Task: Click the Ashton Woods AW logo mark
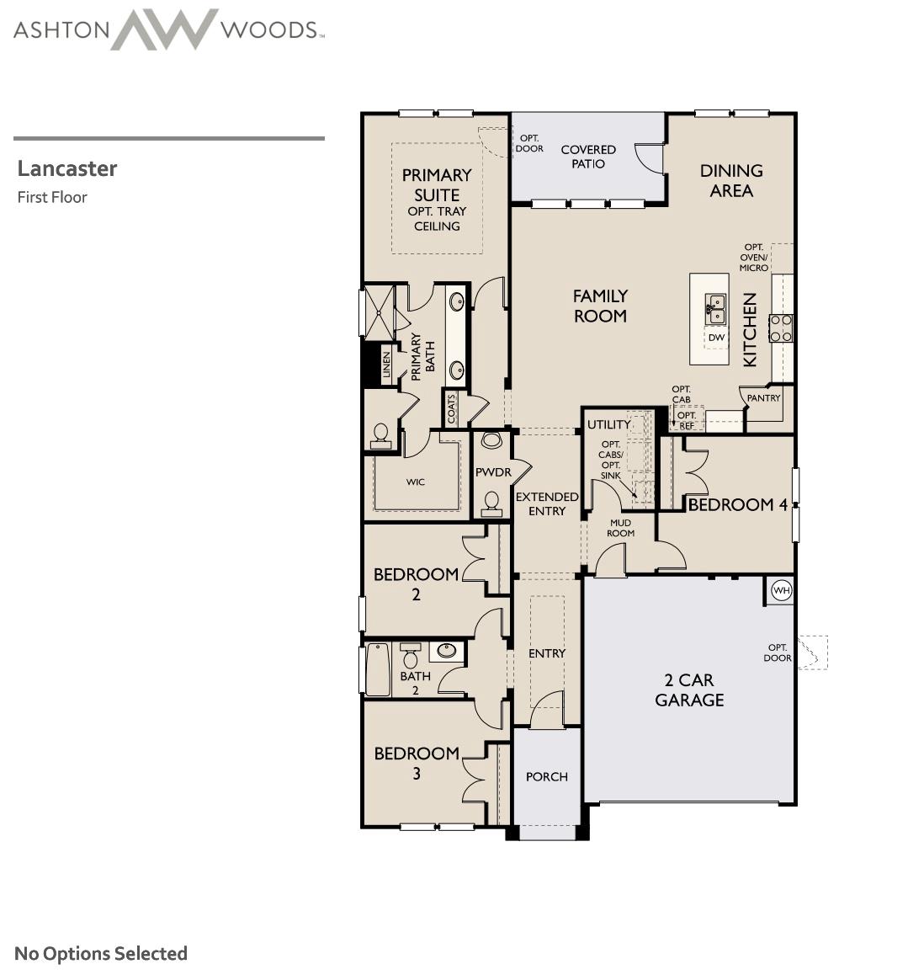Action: coord(164,29)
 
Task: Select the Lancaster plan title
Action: coord(67,168)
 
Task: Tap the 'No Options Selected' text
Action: coord(101,953)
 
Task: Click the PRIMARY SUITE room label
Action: coord(436,184)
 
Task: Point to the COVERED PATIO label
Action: coord(588,156)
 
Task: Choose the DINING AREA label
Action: coord(731,180)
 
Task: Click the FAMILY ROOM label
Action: coord(599,306)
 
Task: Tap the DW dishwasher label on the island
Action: coord(716,338)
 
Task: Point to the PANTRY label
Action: coord(763,398)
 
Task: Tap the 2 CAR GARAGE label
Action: coord(689,690)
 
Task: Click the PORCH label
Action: coord(547,776)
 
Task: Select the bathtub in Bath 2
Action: coord(378,669)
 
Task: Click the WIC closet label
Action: coord(416,482)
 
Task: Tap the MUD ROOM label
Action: coord(620,528)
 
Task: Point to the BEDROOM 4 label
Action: coord(737,504)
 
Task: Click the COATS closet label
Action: coord(452,409)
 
